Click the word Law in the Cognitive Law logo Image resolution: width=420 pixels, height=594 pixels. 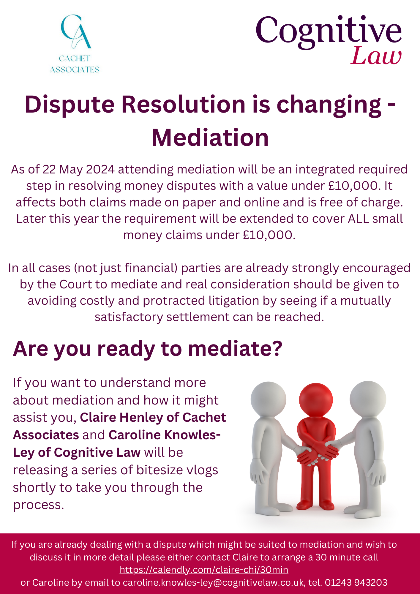pyautogui.click(x=376, y=56)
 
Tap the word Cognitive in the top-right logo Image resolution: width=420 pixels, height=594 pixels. pyautogui.click(x=329, y=31)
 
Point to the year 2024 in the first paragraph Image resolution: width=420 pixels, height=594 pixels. pyautogui.click(x=100, y=169)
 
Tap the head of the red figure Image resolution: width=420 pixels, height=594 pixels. pyautogui.click(x=316, y=400)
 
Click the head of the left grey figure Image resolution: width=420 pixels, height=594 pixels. pyautogui.click(x=268, y=399)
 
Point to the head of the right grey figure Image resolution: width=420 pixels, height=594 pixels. pyautogui.click(x=368, y=399)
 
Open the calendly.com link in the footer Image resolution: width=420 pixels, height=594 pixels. pyautogui.click(x=204, y=570)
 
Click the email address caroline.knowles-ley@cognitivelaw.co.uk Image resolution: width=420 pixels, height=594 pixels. pyautogui.click(x=214, y=582)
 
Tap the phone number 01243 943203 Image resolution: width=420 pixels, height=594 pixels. pyautogui.click(x=356, y=582)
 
